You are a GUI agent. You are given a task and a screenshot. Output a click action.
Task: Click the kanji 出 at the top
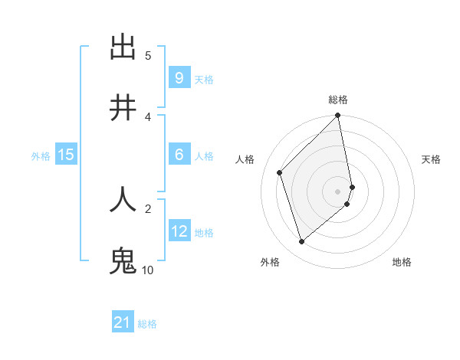click(x=123, y=47)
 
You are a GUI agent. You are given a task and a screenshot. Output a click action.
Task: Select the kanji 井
click(x=123, y=109)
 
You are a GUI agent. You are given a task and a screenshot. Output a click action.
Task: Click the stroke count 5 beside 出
click(x=148, y=55)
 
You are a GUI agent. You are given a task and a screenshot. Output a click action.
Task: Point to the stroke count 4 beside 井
click(x=148, y=116)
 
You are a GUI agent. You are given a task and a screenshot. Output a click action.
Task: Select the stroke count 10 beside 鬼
click(x=147, y=270)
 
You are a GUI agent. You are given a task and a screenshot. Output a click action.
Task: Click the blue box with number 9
click(x=179, y=78)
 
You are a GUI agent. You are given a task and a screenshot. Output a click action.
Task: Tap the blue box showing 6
click(x=179, y=155)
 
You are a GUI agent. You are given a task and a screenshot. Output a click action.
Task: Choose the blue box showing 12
click(x=179, y=231)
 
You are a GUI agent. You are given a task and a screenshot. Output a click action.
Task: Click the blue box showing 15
click(x=66, y=155)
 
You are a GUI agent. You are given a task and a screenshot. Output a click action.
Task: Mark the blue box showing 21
click(x=123, y=322)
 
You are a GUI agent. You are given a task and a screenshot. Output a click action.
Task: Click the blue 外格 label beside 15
click(x=41, y=156)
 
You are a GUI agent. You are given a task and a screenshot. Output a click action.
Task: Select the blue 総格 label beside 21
click(x=147, y=324)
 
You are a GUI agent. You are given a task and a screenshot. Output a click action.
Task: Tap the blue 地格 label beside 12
click(x=204, y=233)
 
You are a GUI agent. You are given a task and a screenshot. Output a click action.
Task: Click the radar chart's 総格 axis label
click(x=338, y=100)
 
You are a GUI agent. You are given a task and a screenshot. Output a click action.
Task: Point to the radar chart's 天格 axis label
click(x=432, y=159)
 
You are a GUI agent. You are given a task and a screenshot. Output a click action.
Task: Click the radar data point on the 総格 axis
click(x=338, y=116)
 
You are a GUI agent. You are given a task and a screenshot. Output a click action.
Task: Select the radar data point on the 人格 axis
click(x=280, y=172)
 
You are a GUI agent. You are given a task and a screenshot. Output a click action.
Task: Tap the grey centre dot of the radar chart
click(x=338, y=191)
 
